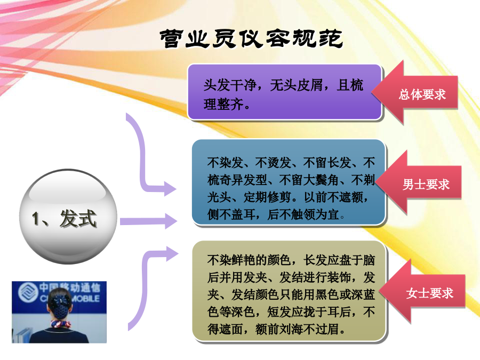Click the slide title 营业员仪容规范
click(251, 38)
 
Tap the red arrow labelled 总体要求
click(415, 92)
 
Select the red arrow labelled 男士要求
click(419, 182)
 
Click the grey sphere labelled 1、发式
click(68, 217)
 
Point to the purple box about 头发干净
click(285, 92)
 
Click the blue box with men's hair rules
click(289, 182)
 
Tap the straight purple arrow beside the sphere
click(148, 221)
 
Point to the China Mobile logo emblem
click(27, 292)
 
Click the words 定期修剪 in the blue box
click(267, 197)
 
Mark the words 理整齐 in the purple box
click(223, 105)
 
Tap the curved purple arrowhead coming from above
click(170, 189)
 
